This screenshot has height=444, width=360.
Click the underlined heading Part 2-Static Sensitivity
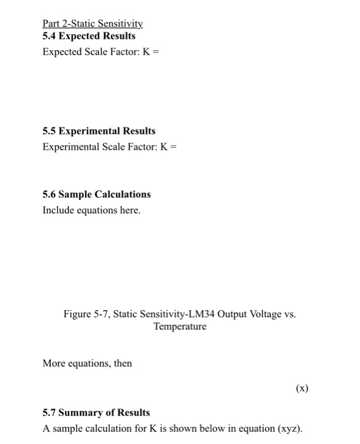[93, 24]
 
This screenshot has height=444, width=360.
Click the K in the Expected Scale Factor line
[145, 52]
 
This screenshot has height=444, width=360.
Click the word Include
[58, 210]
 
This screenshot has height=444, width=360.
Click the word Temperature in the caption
[180, 327]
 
